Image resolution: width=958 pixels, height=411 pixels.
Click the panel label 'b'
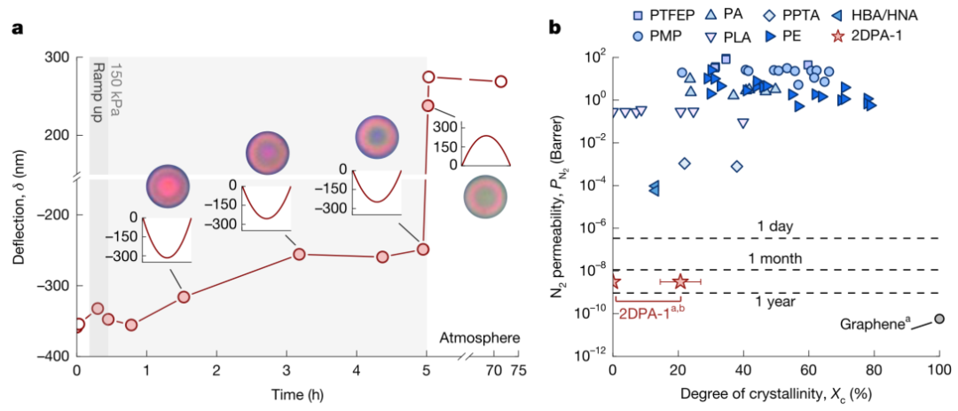click(x=556, y=28)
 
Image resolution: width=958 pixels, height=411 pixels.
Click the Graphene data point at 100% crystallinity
click(x=939, y=318)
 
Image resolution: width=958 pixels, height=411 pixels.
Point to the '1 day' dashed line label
click(x=775, y=226)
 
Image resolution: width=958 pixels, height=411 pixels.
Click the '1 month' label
click(x=775, y=258)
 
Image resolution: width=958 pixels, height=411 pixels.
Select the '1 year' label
click(x=775, y=302)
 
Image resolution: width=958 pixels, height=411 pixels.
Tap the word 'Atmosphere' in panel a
click(x=480, y=337)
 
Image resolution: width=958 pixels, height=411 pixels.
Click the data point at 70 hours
click(x=501, y=81)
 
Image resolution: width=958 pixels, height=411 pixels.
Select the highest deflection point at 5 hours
click(x=429, y=77)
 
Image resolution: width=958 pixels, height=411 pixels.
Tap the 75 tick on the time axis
click(x=518, y=370)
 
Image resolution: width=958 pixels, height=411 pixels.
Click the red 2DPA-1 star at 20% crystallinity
click(x=680, y=281)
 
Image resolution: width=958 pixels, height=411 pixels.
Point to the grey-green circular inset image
click(x=485, y=194)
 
